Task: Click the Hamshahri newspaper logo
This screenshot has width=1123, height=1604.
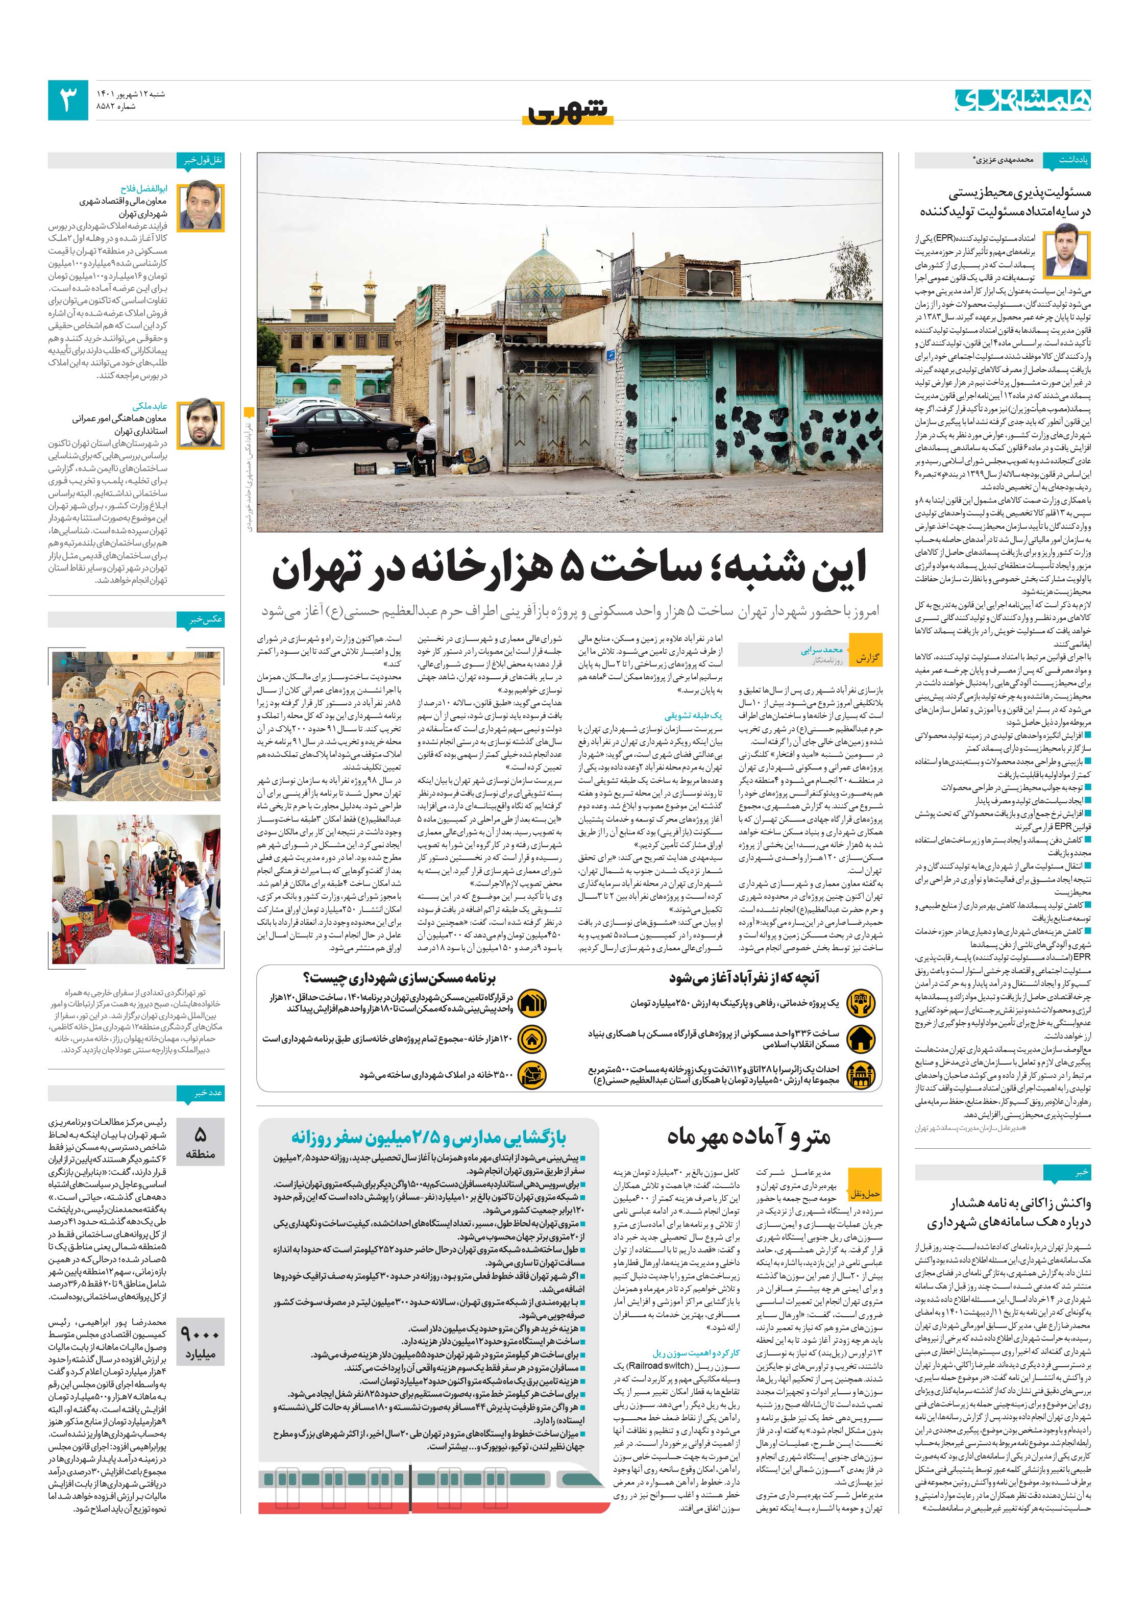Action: [1022, 98]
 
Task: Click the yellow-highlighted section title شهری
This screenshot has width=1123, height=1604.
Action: [568, 112]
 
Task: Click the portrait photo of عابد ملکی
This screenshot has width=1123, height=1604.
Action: [201, 424]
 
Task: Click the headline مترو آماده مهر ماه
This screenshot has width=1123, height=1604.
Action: [748, 1137]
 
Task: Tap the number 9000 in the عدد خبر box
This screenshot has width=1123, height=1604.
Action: [200, 1335]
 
